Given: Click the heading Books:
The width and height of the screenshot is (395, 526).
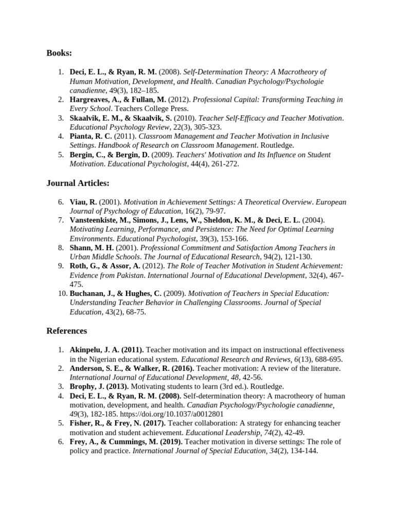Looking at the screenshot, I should (59, 53).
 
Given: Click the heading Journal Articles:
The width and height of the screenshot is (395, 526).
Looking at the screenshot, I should (78, 183).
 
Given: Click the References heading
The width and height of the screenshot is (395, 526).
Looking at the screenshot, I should (66, 331).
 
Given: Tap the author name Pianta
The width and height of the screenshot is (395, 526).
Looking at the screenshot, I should (82, 137).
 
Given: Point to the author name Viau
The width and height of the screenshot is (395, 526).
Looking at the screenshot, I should (79, 201).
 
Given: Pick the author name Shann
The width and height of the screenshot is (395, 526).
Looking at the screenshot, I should (81, 248).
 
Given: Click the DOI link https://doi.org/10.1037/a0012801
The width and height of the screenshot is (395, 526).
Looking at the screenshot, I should (179, 414).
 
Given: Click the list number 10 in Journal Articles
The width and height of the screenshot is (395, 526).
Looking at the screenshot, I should (61, 294).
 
